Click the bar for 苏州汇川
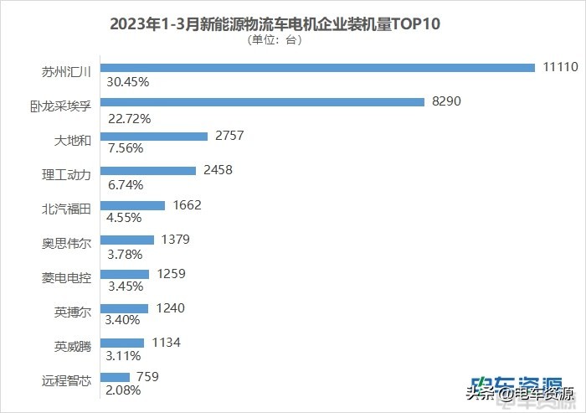pos(318,68)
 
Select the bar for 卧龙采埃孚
pos(263,102)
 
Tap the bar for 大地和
pos(154,136)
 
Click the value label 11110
pos(561,67)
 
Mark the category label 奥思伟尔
pos(69,242)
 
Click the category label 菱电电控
pos(69,277)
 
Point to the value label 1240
pos(167,308)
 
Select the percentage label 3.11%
pos(123,357)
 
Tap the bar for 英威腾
pos(121,343)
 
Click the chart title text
pos(275,24)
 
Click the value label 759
pos(146,377)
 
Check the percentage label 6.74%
pos(123,185)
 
